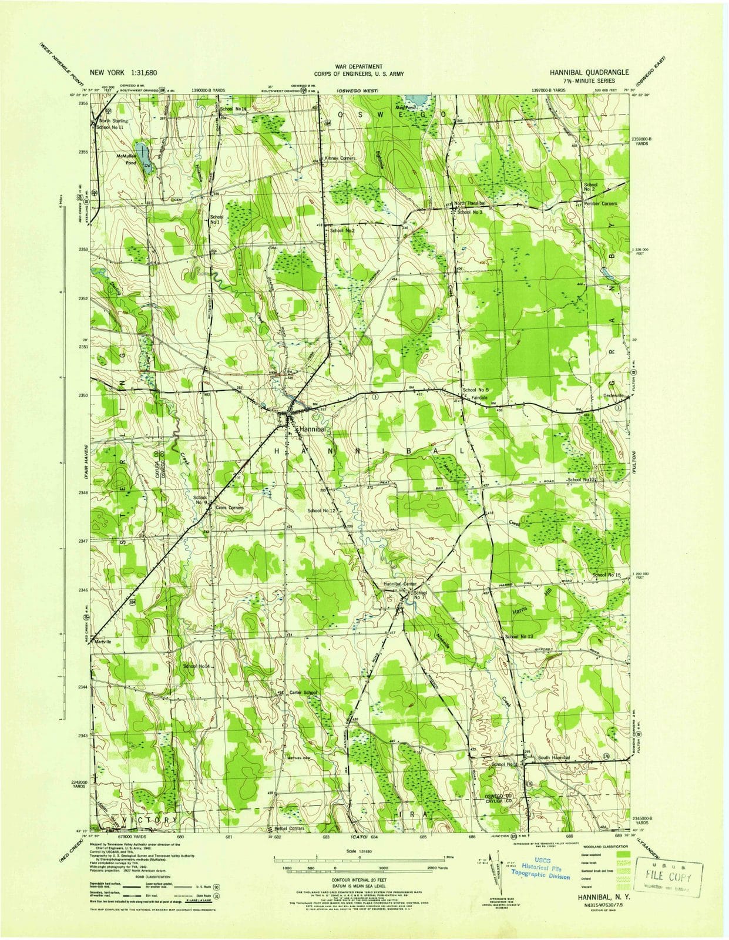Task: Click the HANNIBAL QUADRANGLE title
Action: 589,72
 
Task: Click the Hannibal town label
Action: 313,429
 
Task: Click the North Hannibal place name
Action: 469,203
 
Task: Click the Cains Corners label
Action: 229,507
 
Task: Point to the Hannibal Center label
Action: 400,584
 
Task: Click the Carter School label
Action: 303,693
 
